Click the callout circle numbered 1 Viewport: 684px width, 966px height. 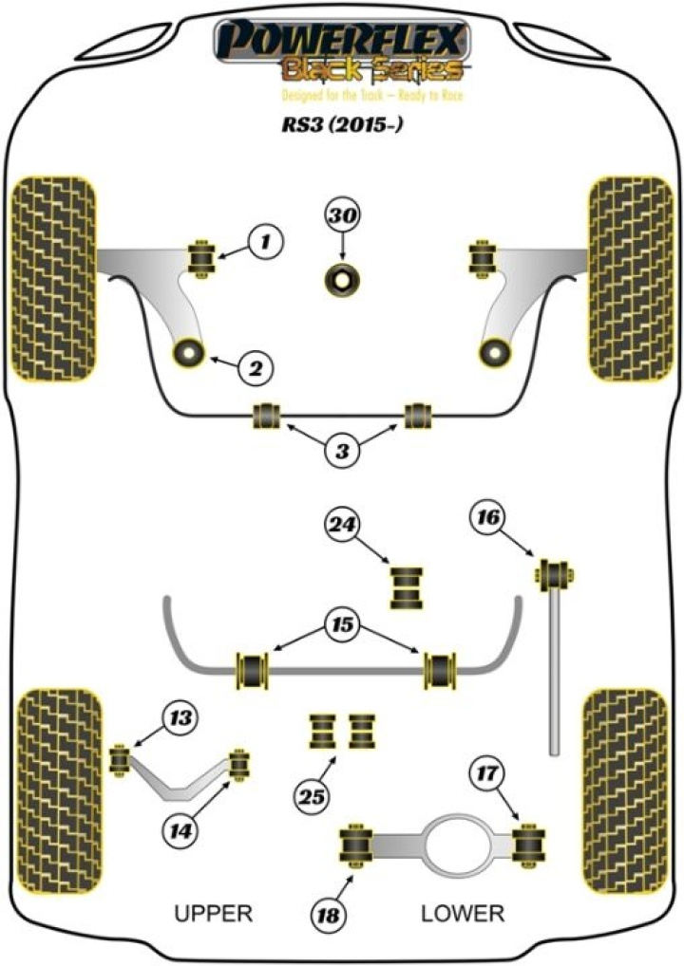(x=266, y=243)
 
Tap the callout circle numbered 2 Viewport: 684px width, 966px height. (x=255, y=367)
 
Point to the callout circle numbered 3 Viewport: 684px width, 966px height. (x=343, y=452)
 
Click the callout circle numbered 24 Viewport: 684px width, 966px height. (x=344, y=523)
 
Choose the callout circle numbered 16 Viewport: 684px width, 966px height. (x=488, y=519)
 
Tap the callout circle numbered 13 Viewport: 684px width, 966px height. (x=180, y=718)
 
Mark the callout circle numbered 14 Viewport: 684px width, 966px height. (x=181, y=830)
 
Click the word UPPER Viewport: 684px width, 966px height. (x=214, y=914)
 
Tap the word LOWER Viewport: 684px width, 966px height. (x=463, y=914)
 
